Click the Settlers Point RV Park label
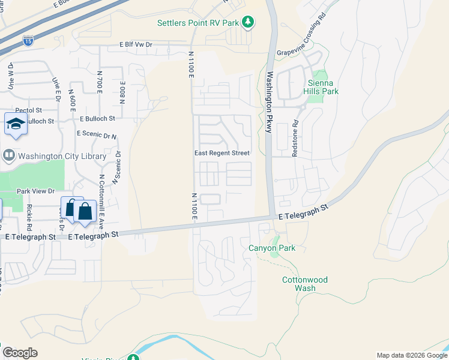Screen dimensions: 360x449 pos(197,23)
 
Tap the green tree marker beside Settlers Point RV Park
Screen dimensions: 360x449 pos(247,22)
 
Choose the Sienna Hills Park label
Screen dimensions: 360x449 pos(323,87)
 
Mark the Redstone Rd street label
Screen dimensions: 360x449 pos(295,140)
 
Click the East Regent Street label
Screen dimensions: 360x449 pos(221,153)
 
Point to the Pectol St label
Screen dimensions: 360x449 pos(29,110)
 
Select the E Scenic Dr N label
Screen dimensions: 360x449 pos(97,135)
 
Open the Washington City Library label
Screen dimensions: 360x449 pos(62,156)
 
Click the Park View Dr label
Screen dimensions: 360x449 pos(35,191)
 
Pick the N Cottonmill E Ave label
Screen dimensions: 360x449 pos(101,202)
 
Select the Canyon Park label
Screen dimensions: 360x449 pos(272,248)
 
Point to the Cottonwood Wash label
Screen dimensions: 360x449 pos(305,284)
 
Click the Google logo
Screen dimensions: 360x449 pos(20,353)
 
